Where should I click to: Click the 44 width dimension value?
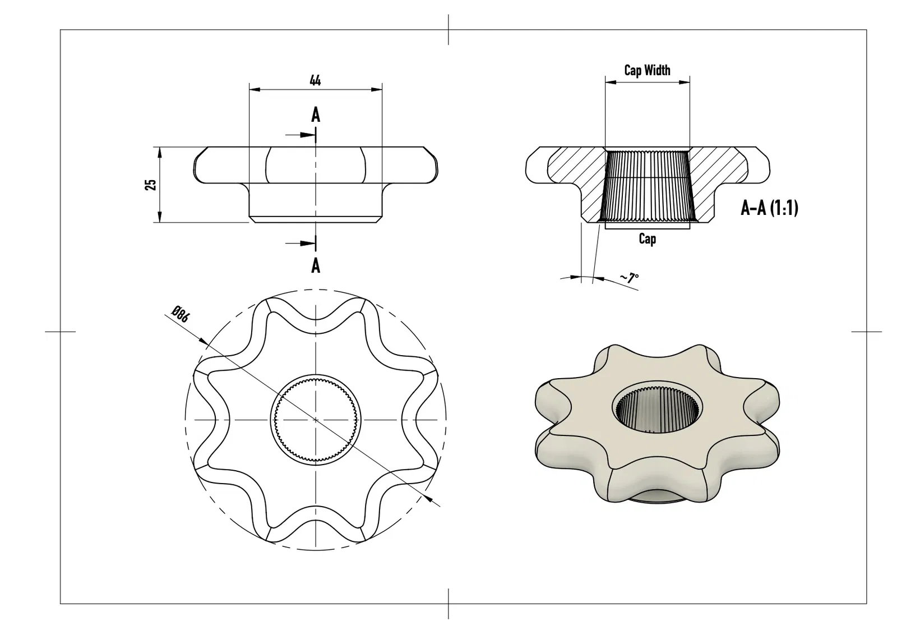click(315, 81)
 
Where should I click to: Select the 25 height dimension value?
click(151, 185)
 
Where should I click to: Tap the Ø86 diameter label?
click(180, 314)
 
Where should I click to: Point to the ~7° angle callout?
click(630, 278)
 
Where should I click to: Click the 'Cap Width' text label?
click(647, 70)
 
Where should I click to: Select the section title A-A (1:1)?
click(769, 208)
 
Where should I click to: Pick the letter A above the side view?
click(316, 115)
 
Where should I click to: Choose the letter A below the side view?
click(316, 265)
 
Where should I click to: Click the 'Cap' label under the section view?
click(647, 239)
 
